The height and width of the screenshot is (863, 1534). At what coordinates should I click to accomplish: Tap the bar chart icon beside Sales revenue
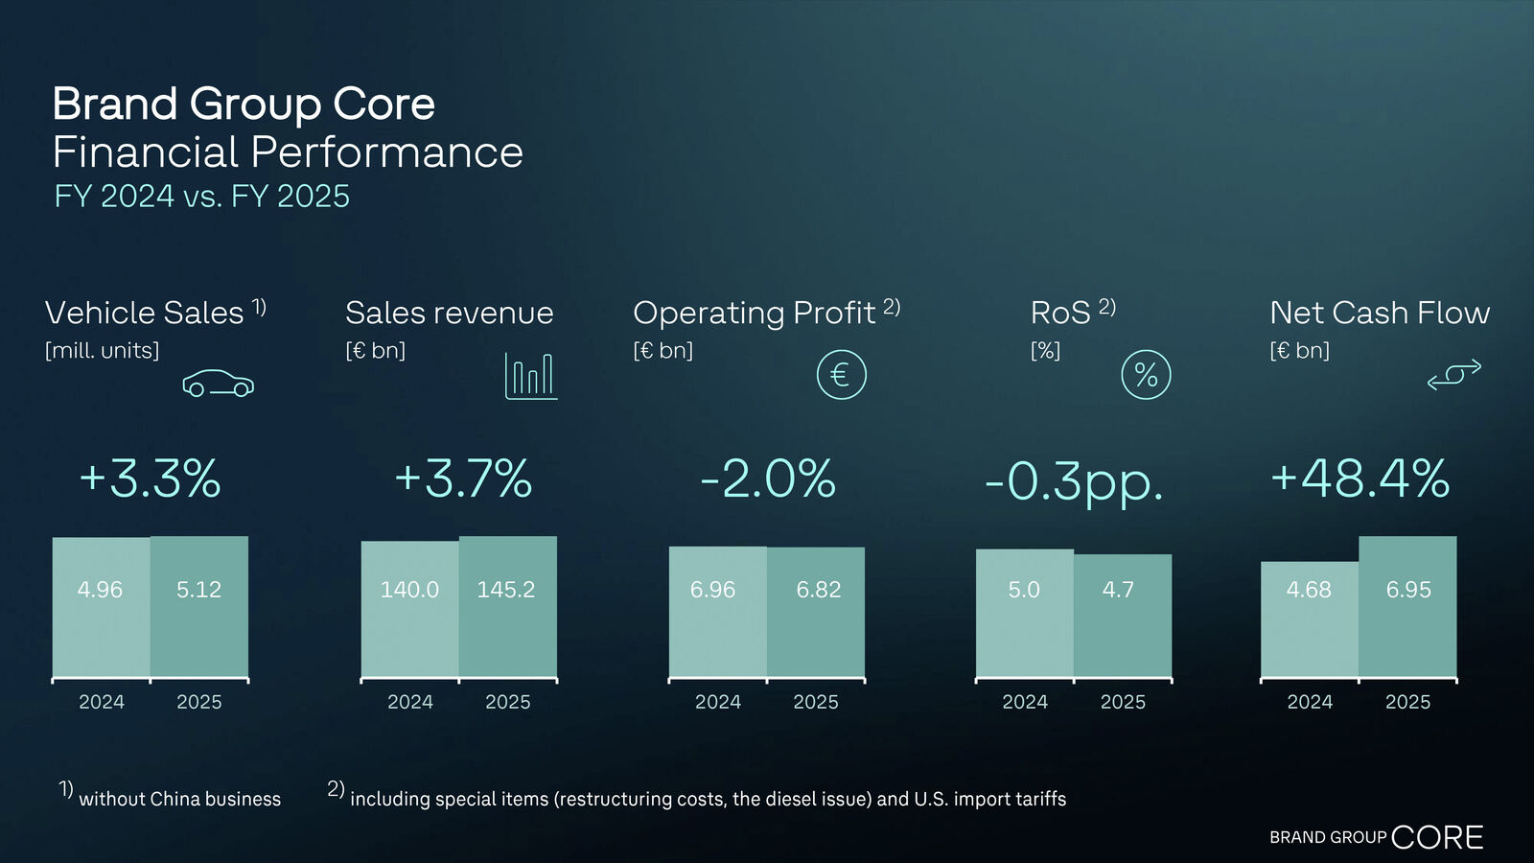coord(530,375)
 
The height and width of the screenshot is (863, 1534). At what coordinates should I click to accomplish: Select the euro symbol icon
coord(841,375)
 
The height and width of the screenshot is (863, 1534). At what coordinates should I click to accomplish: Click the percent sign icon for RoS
coord(1146,375)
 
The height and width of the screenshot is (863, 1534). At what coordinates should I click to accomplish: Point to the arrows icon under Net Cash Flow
coord(1453,375)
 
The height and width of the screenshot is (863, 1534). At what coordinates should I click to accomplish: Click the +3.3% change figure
coord(150,478)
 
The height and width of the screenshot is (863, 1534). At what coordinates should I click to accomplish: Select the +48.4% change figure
coord(1360,478)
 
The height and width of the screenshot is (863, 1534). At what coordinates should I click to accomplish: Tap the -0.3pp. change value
coord(1074,481)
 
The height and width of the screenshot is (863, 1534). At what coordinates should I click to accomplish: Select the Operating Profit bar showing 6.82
coord(817,613)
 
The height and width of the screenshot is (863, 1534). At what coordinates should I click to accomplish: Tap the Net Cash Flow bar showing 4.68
coord(1309,619)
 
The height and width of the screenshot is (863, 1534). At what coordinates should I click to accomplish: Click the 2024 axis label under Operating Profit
coord(718,702)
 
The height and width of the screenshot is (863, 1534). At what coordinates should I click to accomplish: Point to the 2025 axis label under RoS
coord(1123,702)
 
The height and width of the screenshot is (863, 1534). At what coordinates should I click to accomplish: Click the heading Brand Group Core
coord(244,104)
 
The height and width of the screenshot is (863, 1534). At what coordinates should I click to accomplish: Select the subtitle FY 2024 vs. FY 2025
coord(201,196)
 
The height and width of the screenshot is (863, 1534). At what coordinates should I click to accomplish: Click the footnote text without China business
coord(179,799)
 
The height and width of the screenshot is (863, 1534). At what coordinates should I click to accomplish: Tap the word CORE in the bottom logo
coord(1436,837)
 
